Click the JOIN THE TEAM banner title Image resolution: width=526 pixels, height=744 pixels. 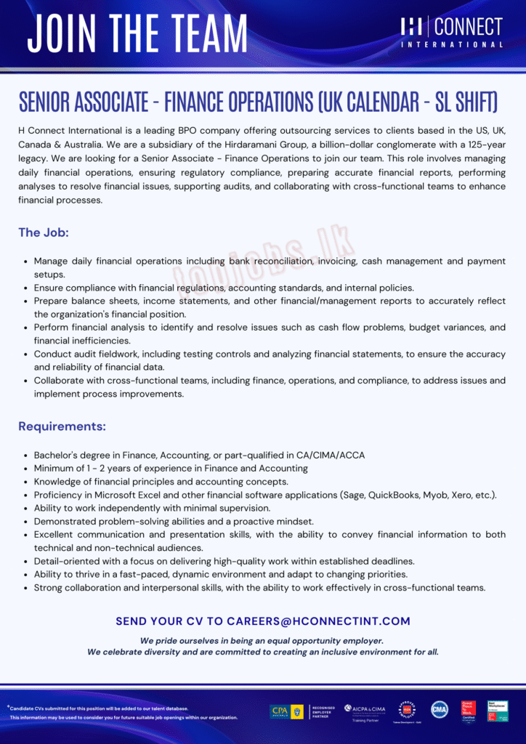pos(138,33)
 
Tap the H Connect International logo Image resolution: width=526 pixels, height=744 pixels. pos(451,33)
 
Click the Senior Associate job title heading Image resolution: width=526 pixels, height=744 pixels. pos(258,103)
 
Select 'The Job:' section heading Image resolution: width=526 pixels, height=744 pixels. pos(44,233)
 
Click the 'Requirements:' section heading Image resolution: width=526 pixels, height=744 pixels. pos(62,426)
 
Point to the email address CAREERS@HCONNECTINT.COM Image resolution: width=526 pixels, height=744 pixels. pos(318,621)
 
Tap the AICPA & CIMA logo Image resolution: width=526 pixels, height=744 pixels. pos(365,710)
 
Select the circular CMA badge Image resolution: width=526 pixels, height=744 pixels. pos(440,710)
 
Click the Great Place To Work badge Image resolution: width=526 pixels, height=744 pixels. pos(469,711)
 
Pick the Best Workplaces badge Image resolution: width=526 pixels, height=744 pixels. pos(498,711)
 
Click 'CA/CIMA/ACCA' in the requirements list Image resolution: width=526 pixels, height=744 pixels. pos(331,456)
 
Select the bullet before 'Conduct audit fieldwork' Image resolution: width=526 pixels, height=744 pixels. pos(26,355)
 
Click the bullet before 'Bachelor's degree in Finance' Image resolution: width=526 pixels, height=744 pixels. pos(26,456)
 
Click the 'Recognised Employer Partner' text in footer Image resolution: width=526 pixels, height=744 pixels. pos(323,711)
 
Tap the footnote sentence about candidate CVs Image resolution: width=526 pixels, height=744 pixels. pos(99,708)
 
